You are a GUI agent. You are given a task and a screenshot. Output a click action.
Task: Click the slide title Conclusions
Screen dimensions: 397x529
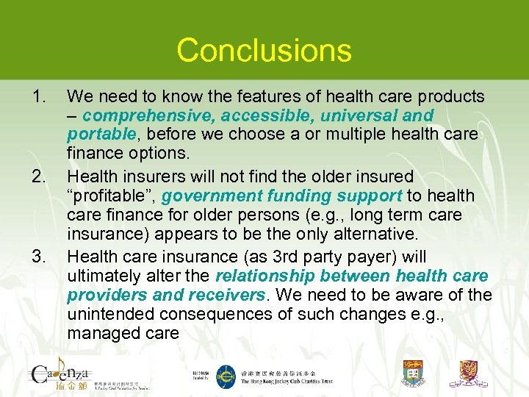click(264, 50)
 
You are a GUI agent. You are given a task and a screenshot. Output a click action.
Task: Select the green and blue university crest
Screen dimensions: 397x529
click(414, 374)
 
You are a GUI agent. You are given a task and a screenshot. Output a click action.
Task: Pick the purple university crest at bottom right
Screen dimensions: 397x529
click(473, 374)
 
